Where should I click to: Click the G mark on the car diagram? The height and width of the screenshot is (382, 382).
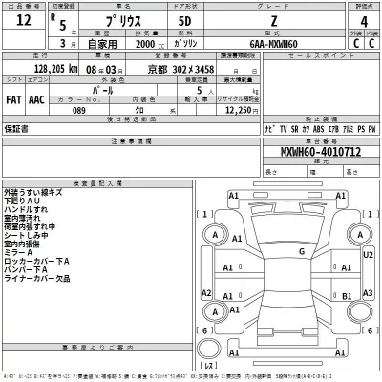301,251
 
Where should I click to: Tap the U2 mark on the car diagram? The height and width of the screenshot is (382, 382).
370,256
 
